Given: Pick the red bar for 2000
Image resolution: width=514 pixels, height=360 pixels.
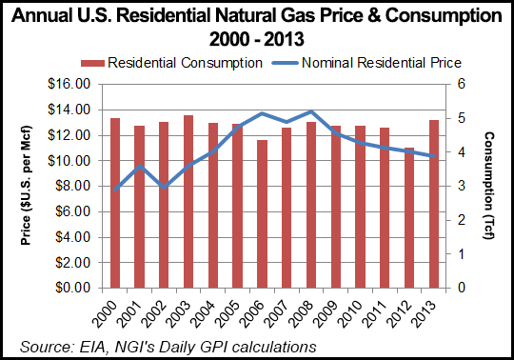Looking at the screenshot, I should pyautogui.click(x=114, y=203).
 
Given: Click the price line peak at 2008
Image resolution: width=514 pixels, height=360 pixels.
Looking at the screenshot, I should pyautogui.click(x=311, y=112).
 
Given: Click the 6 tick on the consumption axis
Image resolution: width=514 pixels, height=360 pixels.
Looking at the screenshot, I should pyautogui.click(x=460, y=84).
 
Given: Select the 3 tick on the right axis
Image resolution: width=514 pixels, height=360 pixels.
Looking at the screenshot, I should pyautogui.click(x=460, y=186).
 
